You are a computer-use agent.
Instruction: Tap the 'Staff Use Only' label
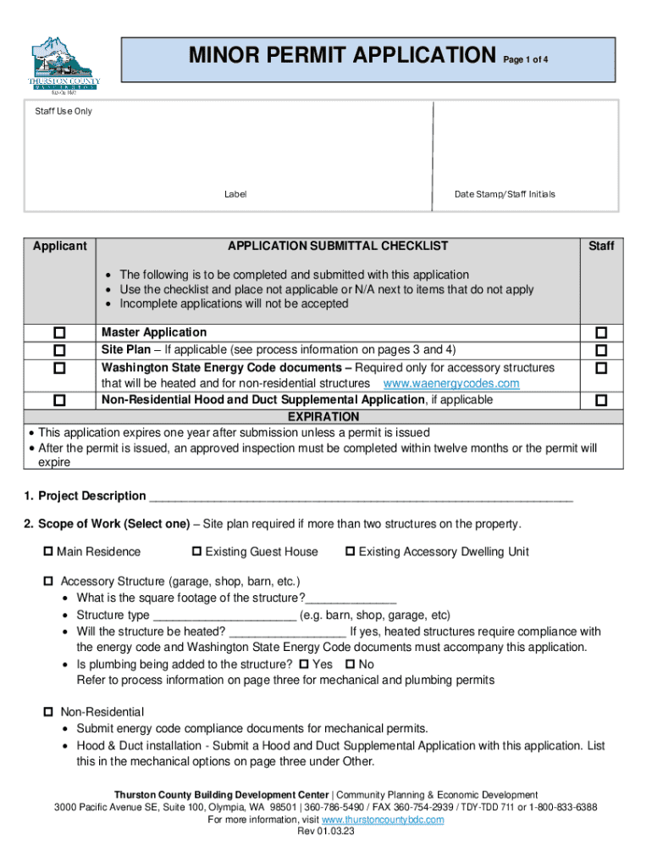[x=64, y=111]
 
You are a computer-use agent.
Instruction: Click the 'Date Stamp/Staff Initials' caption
[x=505, y=194]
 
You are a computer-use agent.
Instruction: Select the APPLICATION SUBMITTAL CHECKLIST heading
[x=338, y=246]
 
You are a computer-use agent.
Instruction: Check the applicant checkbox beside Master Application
[x=59, y=333]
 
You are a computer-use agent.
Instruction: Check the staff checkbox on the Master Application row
[x=601, y=333]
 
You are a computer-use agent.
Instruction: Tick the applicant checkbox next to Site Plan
[x=59, y=350]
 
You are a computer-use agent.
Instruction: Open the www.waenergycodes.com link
[x=451, y=383]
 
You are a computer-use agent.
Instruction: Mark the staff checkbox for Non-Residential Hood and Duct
[x=601, y=400]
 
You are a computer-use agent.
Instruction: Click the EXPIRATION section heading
[x=323, y=417]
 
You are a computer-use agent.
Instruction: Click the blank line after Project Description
[x=360, y=497]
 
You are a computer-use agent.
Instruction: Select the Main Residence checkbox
[x=48, y=552]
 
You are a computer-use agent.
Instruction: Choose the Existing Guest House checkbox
[x=197, y=552]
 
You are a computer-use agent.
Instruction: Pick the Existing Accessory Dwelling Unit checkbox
[x=350, y=552]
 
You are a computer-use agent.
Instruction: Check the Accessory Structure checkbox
[x=48, y=582]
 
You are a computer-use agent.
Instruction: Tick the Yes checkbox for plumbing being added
[x=304, y=665]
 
